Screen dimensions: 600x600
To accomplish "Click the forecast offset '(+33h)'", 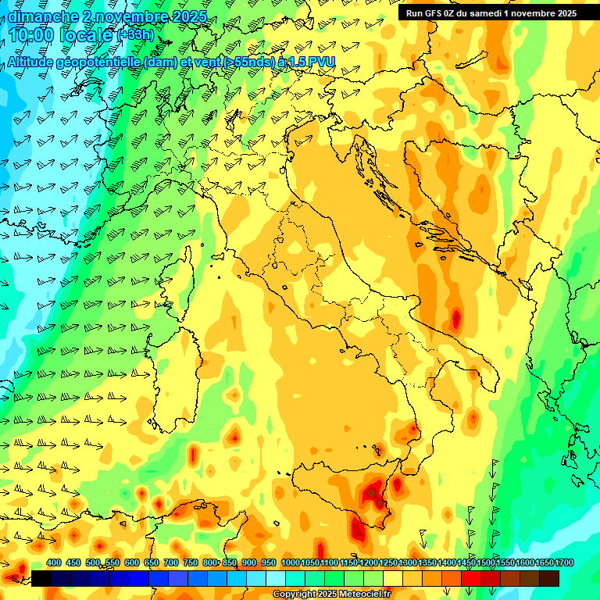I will pyautogui.click(x=136, y=35).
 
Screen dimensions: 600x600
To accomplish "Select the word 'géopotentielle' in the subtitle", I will pyautogui.click(x=101, y=62).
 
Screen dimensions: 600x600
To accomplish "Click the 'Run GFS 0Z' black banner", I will pyautogui.click(x=491, y=13).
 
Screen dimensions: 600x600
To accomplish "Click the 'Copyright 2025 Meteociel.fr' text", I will pyautogui.click(x=331, y=595).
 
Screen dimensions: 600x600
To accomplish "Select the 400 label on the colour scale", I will pyautogui.click(x=54, y=562).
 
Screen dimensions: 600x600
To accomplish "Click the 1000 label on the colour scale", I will pyautogui.click(x=291, y=562).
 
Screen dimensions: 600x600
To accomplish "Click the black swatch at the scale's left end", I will pyautogui.click(x=41, y=578).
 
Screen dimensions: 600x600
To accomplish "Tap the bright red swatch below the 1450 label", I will pyautogui.click(x=470, y=578).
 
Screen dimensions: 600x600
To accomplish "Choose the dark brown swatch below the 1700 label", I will pyautogui.click(x=549, y=578).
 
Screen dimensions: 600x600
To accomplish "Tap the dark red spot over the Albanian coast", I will pyautogui.click(x=455, y=319).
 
